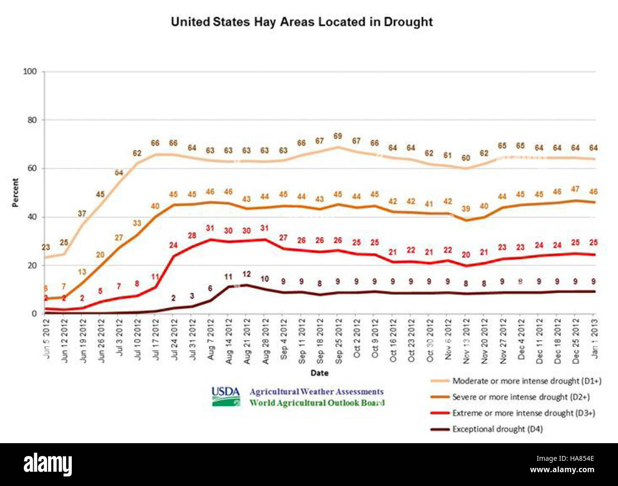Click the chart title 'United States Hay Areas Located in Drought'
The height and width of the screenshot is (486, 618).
301,22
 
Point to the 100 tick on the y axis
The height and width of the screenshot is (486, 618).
29,71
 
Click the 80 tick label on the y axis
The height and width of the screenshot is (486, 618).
31,120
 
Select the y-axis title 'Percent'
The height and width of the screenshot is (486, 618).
15,193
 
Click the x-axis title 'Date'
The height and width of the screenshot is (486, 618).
319,373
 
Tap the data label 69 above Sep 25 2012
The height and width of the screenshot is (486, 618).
338,136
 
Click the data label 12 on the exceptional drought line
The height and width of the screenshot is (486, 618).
246,274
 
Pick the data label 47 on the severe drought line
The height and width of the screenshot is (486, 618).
575,189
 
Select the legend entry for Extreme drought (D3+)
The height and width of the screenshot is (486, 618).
523,413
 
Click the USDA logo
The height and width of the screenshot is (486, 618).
225,396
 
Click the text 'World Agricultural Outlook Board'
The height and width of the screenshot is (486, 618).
317,403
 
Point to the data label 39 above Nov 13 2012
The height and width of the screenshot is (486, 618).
466,209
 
